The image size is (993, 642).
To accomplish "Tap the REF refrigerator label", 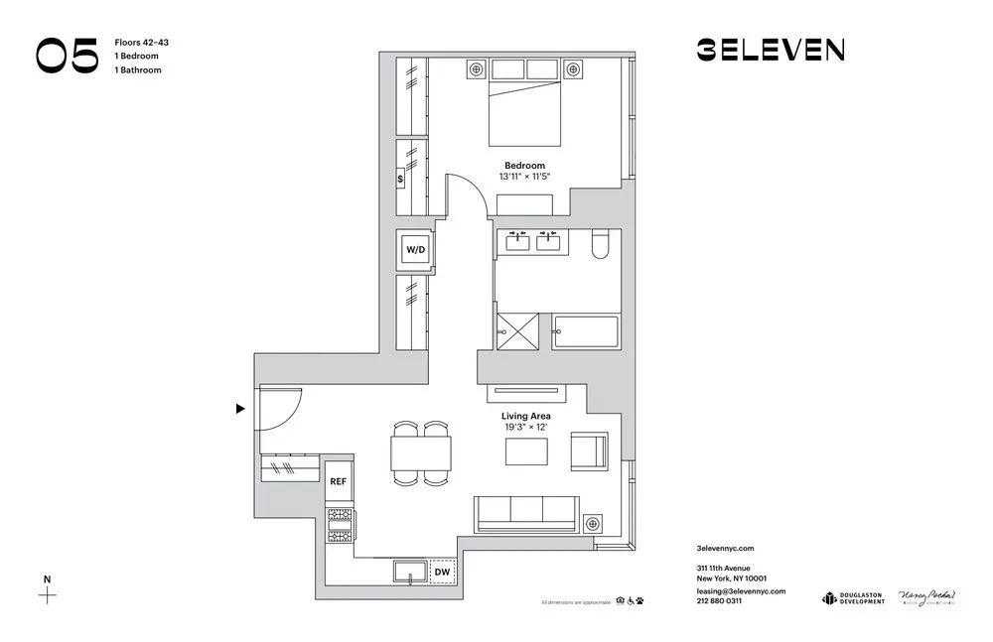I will [x=339, y=481].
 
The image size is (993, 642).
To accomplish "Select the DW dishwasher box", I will [x=443, y=573].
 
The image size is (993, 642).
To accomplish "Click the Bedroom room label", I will [x=524, y=166].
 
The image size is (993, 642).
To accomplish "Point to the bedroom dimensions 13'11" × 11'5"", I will [x=524, y=177].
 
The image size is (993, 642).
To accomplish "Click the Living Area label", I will [x=525, y=417].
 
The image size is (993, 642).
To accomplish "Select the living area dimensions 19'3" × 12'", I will [x=525, y=428].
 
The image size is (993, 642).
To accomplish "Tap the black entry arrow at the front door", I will [x=240, y=408].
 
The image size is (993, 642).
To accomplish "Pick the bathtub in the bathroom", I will [x=586, y=332].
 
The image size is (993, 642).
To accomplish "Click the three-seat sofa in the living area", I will [x=526, y=512].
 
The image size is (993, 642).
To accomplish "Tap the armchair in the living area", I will [x=589, y=452].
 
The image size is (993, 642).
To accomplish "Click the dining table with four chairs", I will [x=420, y=453].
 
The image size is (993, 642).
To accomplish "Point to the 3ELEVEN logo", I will [x=770, y=50].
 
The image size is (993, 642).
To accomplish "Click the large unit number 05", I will [x=68, y=56].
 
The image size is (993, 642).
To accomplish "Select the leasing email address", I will [x=742, y=590].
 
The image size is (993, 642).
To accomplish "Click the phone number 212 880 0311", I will [x=720, y=601].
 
